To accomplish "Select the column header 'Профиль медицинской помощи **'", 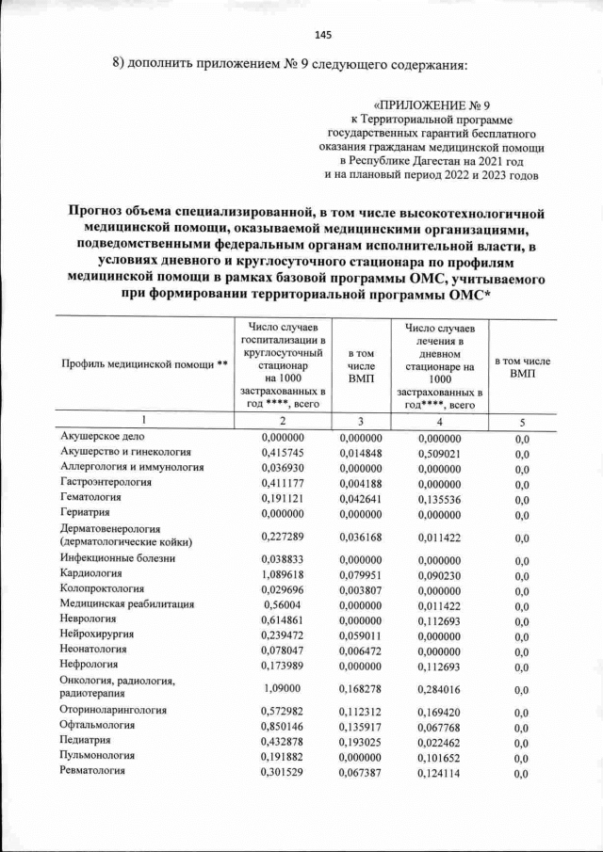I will tap(144, 364).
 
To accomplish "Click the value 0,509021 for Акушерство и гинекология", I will tap(440, 453).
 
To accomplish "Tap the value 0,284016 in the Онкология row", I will tap(440, 686).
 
